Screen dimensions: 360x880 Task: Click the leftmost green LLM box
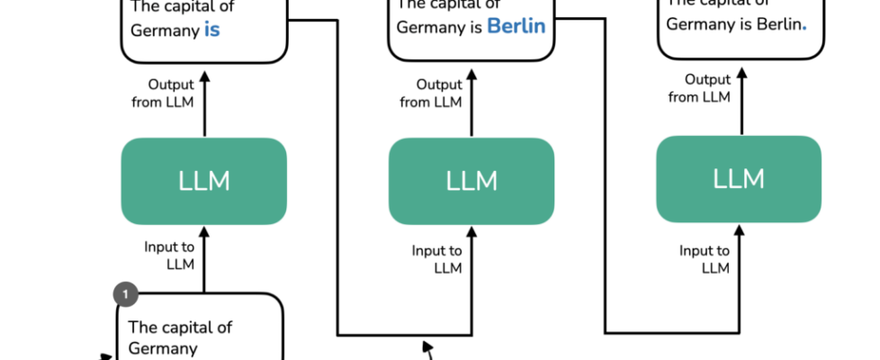(204, 181)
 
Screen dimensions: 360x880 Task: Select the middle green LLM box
(471, 181)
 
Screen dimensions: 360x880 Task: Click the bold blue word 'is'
(212, 30)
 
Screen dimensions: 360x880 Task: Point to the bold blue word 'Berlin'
(516, 26)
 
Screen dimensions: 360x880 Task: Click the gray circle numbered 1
(126, 293)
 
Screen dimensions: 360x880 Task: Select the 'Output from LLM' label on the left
(171, 93)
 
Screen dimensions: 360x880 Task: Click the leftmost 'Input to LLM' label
(171, 255)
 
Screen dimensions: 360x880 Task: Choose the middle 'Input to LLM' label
(437, 259)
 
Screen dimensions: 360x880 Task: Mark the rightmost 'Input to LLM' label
(705, 259)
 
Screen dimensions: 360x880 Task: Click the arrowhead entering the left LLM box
(204, 232)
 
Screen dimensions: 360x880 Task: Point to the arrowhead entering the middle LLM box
(471, 232)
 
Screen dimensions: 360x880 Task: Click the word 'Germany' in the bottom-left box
(163, 347)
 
